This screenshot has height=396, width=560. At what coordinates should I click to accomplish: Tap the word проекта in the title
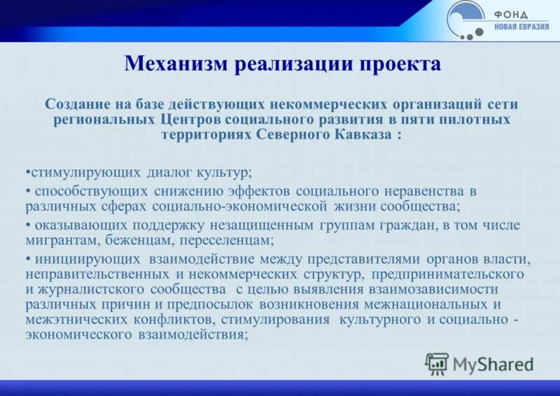click(x=400, y=64)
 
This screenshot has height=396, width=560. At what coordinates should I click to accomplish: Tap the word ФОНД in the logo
click(x=512, y=14)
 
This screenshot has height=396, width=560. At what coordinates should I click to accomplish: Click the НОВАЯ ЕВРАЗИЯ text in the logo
click(x=521, y=27)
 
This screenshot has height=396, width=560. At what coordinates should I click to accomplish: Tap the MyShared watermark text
click(x=493, y=364)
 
